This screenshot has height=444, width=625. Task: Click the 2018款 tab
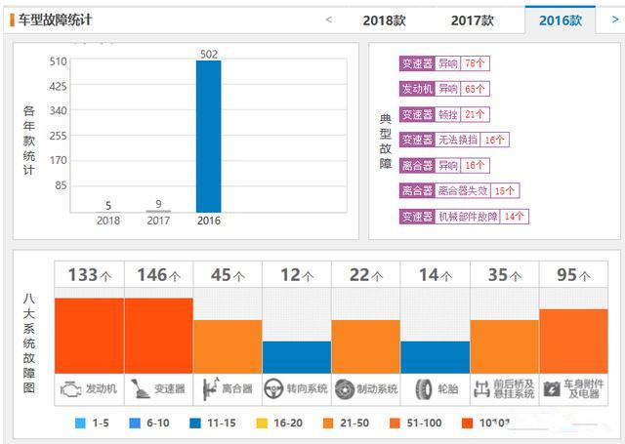point(384,20)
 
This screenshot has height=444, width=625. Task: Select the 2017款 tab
point(473,20)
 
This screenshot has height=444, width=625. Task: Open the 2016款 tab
point(560,20)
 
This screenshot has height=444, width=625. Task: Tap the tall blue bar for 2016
point(208,136)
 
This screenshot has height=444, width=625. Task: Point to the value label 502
point(208,54)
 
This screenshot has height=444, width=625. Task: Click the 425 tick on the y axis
point(58,86)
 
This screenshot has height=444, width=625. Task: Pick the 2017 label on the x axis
point(158,221)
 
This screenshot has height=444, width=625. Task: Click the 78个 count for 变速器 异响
point(476,63)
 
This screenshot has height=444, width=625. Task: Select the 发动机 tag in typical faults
point(416,89)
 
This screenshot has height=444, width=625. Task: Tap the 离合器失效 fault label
point(462,190)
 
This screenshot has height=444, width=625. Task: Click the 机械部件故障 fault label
point(468,216)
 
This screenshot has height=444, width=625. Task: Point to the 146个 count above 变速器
point(158,275)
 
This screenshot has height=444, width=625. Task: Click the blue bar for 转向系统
point(296,356)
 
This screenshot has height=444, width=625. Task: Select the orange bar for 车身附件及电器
point(573,341)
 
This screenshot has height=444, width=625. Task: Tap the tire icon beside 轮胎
point(423,389)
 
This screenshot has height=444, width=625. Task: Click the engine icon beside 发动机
point(70,388)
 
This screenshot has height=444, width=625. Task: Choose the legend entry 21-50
point(350,423)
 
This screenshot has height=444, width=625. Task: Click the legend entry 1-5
point(94,423)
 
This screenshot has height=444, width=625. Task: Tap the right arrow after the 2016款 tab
point(614,19)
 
